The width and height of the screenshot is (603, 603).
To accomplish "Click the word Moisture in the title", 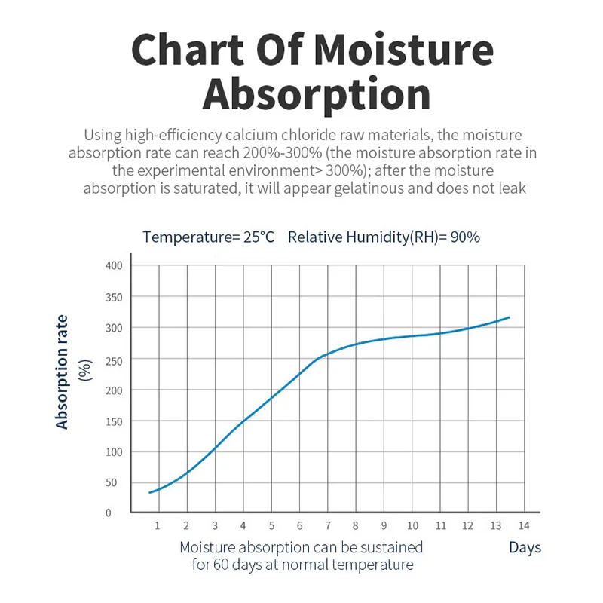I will pyautogui.click(x=403, y=50).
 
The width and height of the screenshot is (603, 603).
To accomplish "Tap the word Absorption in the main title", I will pyautogui.click(x=317, y=96).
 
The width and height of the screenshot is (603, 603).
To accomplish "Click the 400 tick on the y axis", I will pyautogui.click(x=113, y=265).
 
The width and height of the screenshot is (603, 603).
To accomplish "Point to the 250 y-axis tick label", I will pyautogui.click(x=113, y=359).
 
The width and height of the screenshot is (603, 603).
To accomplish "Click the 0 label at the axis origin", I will pyautogui.click(x=108, y=513).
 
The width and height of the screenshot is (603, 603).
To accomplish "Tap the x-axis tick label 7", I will pyautogui.click(x=326, y=525).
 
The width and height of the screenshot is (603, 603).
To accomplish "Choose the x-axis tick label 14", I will pyautogui.click(x=524, y=525).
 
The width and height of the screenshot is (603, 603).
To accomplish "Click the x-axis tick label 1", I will pyautogui.click(x=157, y=525).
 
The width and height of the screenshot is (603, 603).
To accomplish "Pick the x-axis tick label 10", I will pyautogui.click(x=412, y=525).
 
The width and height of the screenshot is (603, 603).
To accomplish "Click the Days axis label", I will pyautogui.click(x=525, y=548).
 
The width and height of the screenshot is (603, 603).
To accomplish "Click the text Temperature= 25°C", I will pyautogui.click(x=209, y=237).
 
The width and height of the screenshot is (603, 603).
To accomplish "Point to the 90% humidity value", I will pyautogui.click(x=465, y=237).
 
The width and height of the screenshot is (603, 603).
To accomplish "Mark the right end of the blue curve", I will pyautogui.click(x=510, y=317).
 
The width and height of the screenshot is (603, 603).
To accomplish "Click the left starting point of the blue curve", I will pyautogui.click(x=149, y=493).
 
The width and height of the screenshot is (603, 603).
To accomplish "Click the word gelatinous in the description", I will pyautogui.click(x=386, y=188).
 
